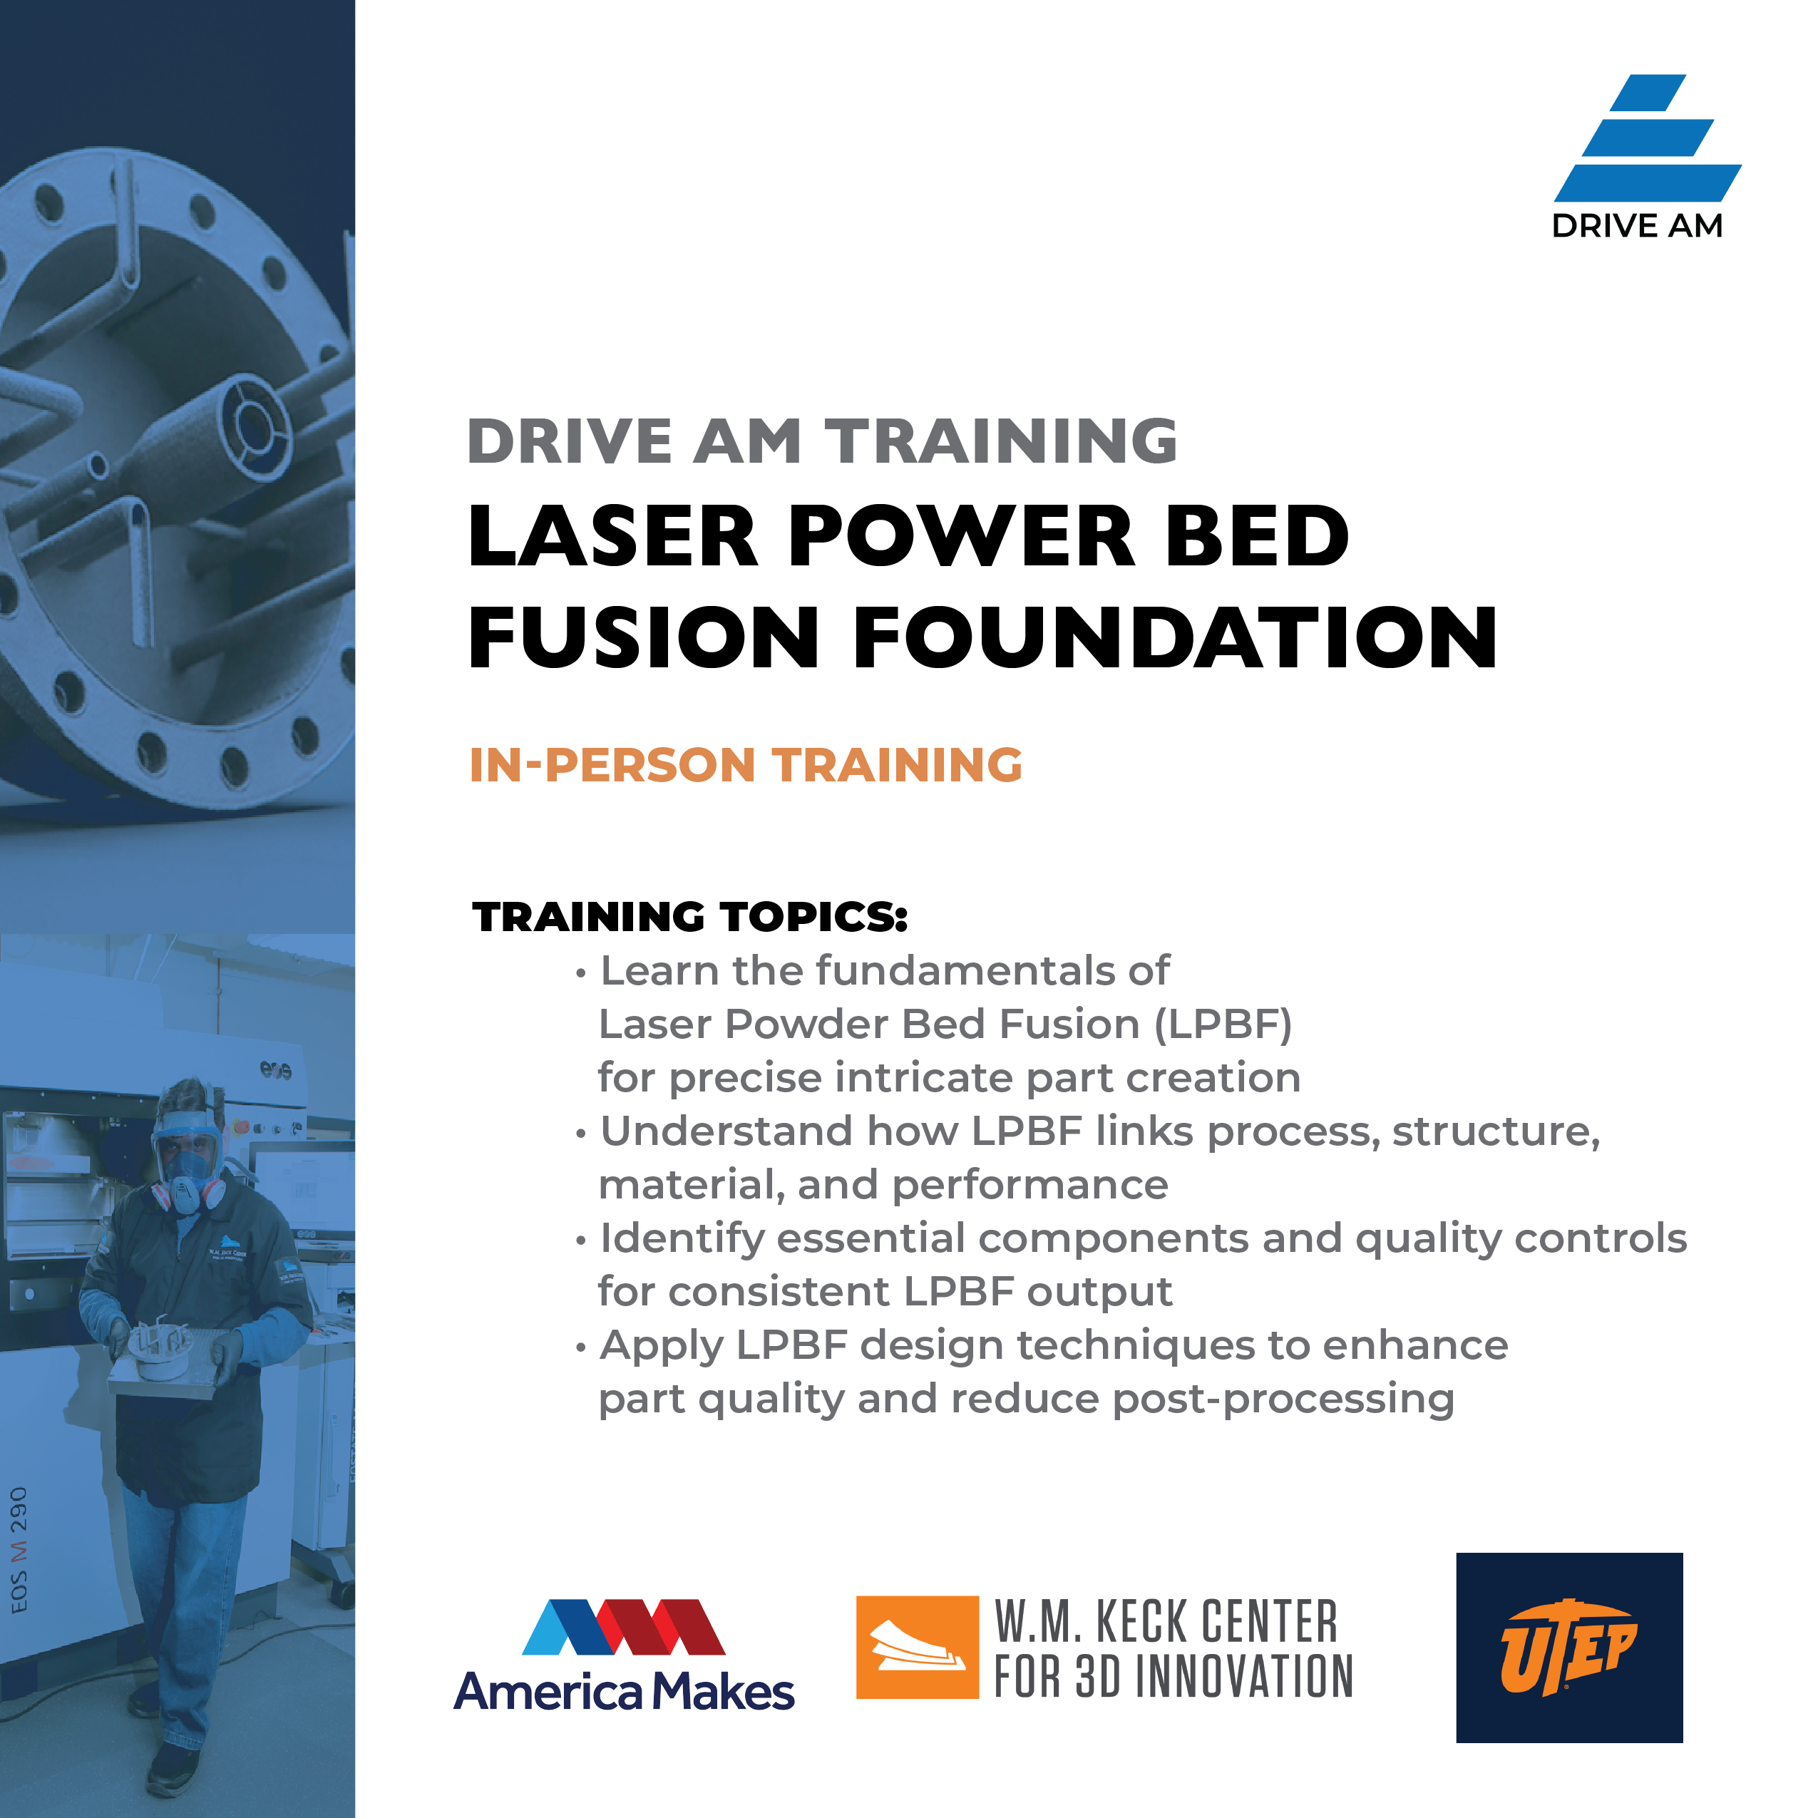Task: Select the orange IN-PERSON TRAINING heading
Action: click(x=745, y=764)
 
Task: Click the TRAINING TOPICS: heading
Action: click(x=689, y=917)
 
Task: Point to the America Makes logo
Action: click(x=624, y=1656)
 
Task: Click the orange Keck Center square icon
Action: click(x=918, y=1647)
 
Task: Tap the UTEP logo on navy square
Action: click(x=1568, y=1648)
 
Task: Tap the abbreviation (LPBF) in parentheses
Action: click(x=1223, y=1024)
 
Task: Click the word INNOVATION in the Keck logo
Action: click(x=1244, y=1676)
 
